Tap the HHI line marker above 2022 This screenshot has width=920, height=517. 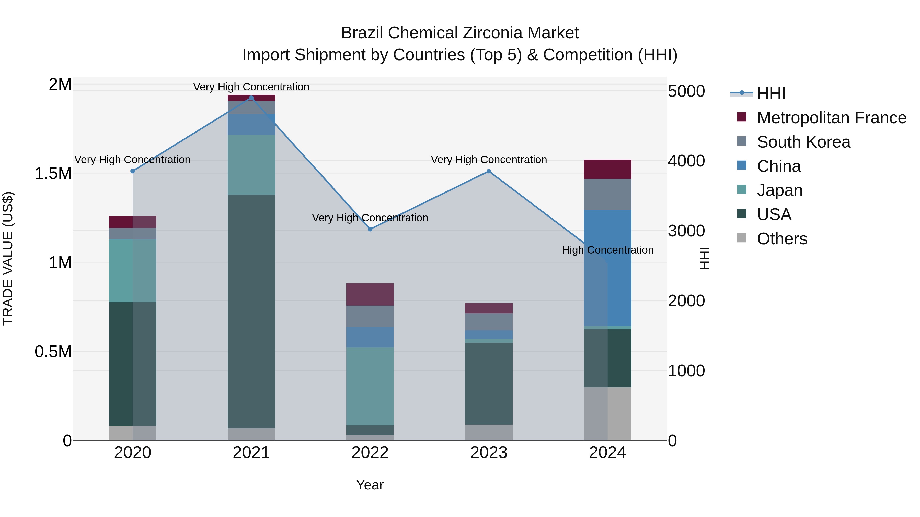pyautogui.click(x=370, y=229)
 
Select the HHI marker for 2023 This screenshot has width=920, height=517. pyautogui.click(x=489, y=171)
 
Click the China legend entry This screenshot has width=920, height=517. pyautogui.click(x=779, y=166)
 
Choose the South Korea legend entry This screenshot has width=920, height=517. pyautogui.click(x=803, y=142)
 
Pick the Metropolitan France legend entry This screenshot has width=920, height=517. pyautogui.click(x=831, y=118)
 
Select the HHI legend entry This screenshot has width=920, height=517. pyautogui.click(x=771, y=93)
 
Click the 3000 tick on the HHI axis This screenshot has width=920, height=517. pyautogui.click(x=686, y=231)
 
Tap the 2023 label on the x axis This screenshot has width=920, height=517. pyautogui.click(x=489, y=453)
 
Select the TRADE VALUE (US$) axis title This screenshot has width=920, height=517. pyautogui.click(x=8, y=258)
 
